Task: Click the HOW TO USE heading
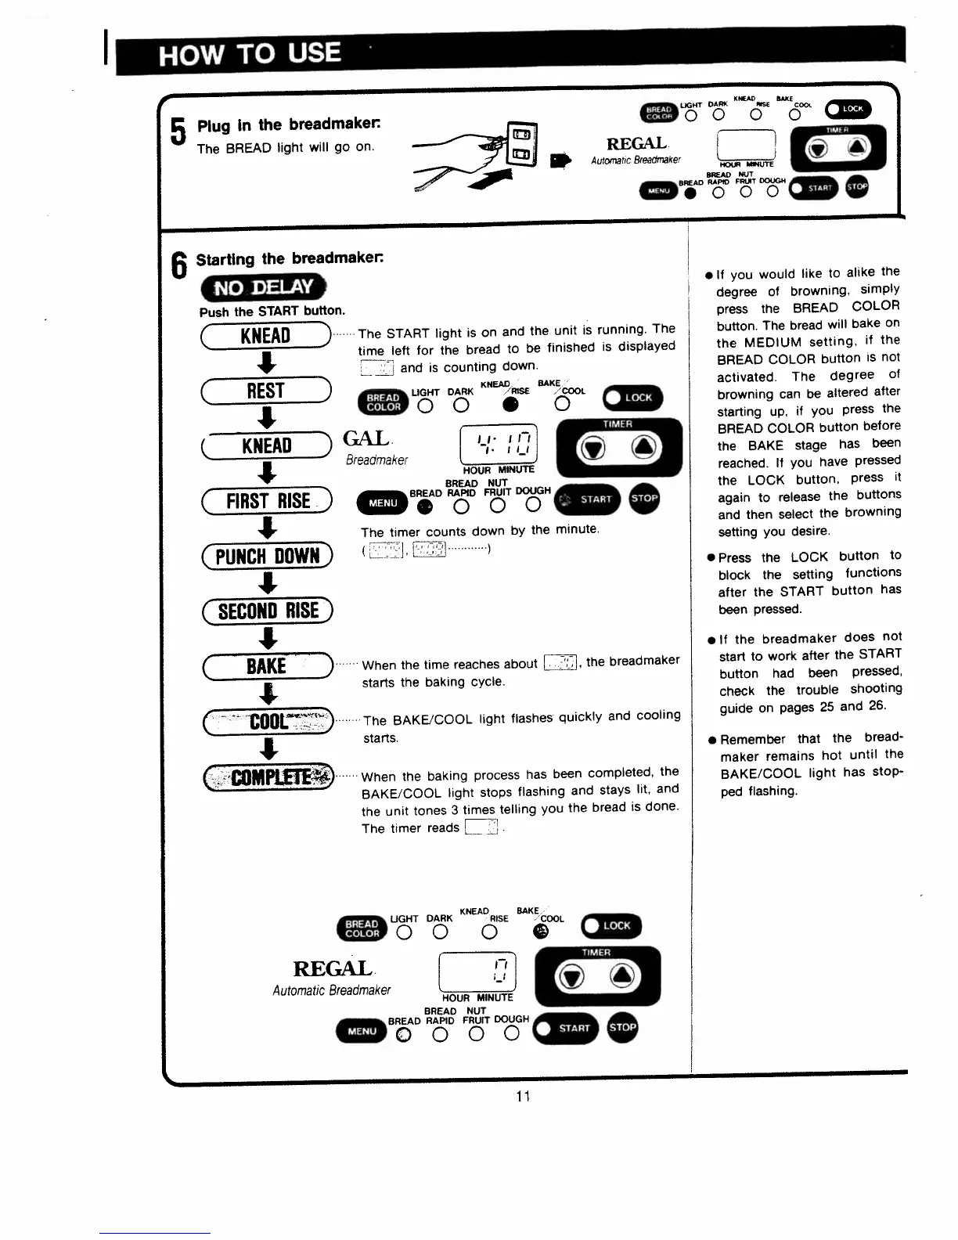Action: click(250, 54)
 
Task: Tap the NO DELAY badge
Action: click(263, 287)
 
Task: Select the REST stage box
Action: click(266, 391)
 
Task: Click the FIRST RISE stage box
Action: click(267, 501)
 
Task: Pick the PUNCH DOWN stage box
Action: click(267, 557)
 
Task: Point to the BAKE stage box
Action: click(267, 666)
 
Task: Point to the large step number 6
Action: click(180, 265)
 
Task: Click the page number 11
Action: click(524, 1096)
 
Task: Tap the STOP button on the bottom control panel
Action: click(622, 1028)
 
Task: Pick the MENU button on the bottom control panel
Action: click(362, 1031)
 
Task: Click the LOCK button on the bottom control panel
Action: click(610, 926)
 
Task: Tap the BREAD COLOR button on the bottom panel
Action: click(362, 928)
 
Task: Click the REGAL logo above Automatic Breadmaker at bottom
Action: click(333, 969)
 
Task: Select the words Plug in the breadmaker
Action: click(289, 125)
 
